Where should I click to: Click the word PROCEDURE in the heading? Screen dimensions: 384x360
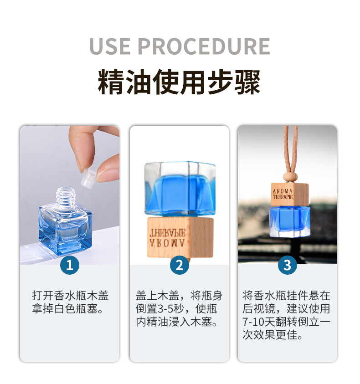click(204, 46)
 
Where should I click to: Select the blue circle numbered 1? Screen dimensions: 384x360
click(70, 265)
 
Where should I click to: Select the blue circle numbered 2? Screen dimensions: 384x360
click(180, 265)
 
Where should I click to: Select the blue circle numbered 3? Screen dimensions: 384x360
click(288, 265)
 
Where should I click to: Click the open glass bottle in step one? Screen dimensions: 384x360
click(65, 225)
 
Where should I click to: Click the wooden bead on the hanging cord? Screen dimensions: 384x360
click(288, 176)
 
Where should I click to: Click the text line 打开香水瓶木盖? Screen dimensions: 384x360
click(70, 295)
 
